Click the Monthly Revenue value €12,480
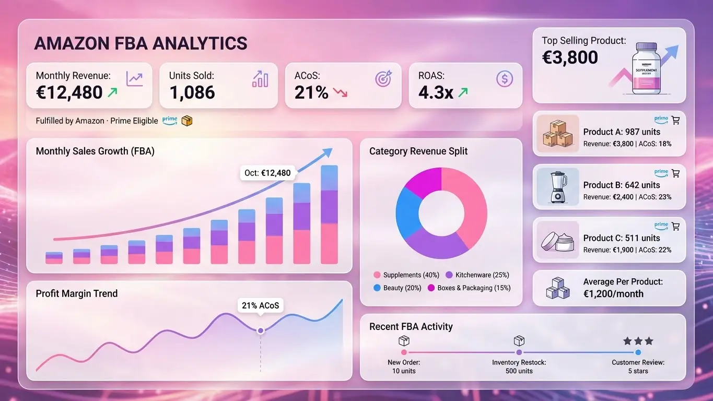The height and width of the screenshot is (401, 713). [x=69, y=92]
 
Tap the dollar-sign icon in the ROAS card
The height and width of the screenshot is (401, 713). [x=504, y=79]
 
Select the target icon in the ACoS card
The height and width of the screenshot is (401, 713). [x=383, y=79]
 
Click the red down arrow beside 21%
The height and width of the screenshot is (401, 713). [x=340, y=93]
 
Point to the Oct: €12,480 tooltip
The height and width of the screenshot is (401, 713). [x=267, y=173]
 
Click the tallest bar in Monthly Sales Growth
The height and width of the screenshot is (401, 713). [x=329, y=215]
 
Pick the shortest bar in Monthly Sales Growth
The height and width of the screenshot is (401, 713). [x=54, y=258]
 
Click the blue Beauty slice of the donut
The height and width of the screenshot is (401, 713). [x=407, y=211]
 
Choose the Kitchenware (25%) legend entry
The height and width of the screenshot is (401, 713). [x=477, y=275]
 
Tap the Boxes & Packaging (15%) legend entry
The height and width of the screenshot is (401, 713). [x=469, y=288]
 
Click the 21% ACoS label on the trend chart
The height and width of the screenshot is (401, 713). [x=260, y=305]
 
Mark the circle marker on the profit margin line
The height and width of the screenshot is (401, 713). [x=260, y=330]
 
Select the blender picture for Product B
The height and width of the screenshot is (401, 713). [x=557, y=186]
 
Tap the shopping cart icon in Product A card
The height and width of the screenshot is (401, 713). [x=676, y=120]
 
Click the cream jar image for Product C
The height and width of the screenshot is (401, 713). [x=557, y=240]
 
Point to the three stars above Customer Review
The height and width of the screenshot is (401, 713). [x=638, y=341]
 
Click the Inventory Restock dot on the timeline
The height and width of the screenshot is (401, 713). [x=519, y=352]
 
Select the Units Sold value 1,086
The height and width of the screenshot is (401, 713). [x=192, y=92]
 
